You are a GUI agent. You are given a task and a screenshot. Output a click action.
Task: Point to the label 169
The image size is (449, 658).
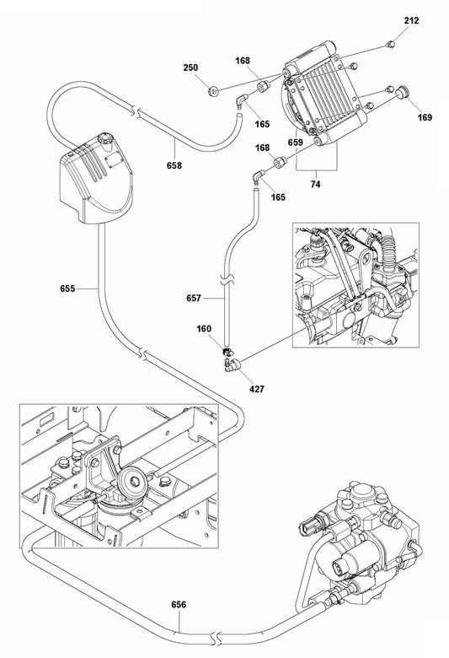[423, 118]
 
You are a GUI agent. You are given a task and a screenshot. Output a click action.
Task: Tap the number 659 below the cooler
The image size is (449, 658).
[295, 143]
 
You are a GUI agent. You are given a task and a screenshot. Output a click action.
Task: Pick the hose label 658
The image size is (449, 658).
[174, 165]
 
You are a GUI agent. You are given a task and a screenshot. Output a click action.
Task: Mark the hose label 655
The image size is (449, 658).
[68, 289]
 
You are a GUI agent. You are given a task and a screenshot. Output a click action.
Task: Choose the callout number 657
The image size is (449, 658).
[193, 298]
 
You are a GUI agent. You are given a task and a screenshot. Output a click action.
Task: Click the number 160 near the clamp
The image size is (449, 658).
[205, 331]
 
